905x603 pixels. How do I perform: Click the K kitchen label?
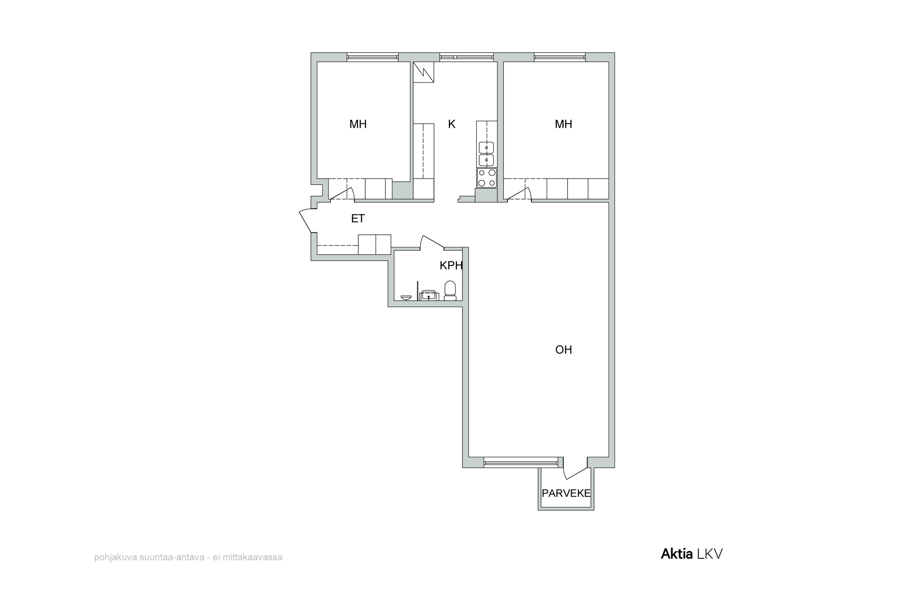point(452,124)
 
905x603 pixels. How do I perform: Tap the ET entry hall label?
point(358,218)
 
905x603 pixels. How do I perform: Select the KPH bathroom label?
point(451,265)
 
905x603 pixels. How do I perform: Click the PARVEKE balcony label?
point(566,493)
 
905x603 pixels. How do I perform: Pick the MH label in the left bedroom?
point(358,124)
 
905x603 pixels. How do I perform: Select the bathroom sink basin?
point(428,296)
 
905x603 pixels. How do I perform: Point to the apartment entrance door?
point(307,220)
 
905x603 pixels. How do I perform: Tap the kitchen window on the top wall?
point(466,57)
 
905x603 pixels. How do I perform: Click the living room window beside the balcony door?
point(521,463)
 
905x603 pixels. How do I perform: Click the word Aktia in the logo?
point(676,554)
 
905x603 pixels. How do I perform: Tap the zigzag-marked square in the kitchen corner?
point(424,72)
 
